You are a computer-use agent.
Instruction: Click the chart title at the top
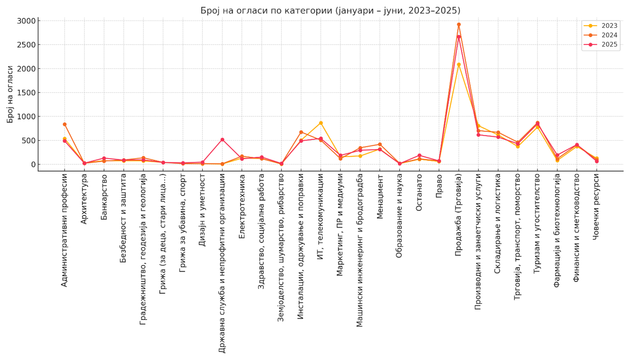pos(330,10)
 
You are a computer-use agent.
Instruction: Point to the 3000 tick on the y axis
pos(26,21)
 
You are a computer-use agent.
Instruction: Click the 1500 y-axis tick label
pos(26,92)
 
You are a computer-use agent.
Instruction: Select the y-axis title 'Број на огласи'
pos(10,94)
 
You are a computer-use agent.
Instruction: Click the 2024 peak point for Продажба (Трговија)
pos(459,25)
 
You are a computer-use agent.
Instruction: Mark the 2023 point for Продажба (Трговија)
pos(459,65)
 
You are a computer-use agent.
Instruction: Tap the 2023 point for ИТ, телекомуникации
pos(321,123)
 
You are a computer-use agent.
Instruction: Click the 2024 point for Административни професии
pos(65,125)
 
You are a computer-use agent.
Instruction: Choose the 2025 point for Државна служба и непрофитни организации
pos(222,140)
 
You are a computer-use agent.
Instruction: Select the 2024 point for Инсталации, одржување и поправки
pos(301,132)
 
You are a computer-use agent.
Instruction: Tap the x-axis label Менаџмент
pos(380,196)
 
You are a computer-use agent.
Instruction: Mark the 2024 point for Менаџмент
pos(380,145)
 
